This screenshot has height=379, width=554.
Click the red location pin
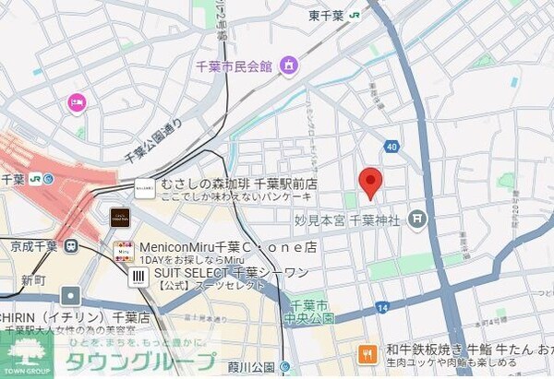[x=370, y=183]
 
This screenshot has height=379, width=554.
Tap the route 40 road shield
[x=391, y=147]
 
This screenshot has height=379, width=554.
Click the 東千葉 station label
[x=327, y=15]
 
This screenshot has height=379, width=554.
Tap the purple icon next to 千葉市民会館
[x=289, y=65]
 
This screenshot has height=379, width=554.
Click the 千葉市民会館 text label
[x=235, y=66]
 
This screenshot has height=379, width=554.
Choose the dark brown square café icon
[x=120, y=218]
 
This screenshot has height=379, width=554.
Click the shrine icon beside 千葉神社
[x=418, y=219]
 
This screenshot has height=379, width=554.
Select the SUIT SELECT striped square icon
[x=139, y=276]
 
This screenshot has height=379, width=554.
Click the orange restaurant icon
[x=367, y=352]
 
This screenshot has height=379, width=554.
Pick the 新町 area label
[x=33, y=279]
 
